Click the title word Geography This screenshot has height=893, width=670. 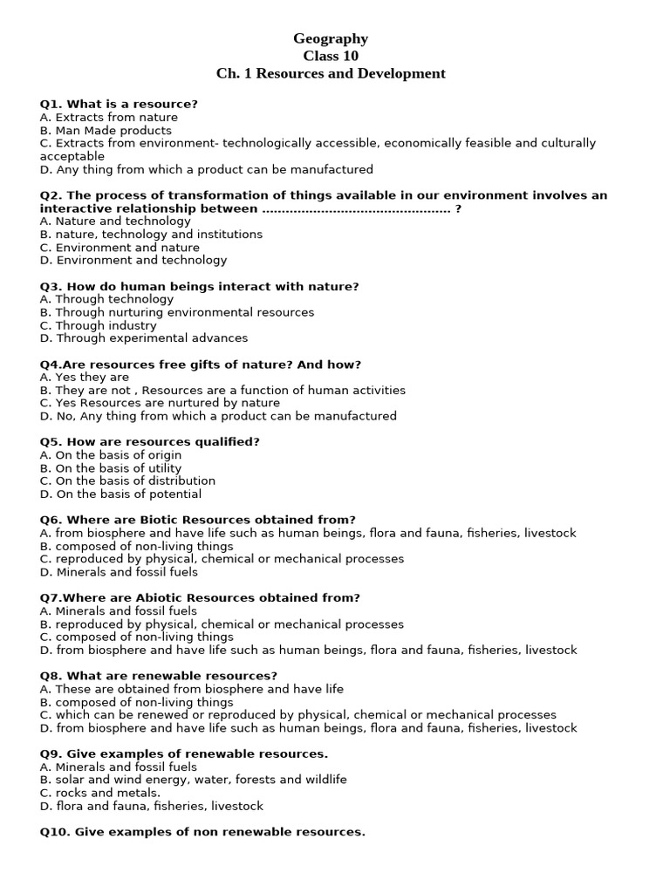click(x=331, y=38)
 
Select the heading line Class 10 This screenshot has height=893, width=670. click(x=331, y=56)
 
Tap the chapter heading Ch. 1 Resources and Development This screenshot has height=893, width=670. click(x=331, y=73)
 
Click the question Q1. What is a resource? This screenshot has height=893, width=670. click(x=119, y=104)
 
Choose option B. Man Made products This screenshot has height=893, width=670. click(x=106, y=130)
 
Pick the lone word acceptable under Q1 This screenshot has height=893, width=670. click(x=72, y=156)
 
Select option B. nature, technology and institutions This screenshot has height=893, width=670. click(x=151, y=234)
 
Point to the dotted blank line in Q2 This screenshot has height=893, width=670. click(x=355, y=208)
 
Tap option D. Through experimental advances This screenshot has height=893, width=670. click(x=144, y=337)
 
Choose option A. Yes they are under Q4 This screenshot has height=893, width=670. click(x=85, y=377)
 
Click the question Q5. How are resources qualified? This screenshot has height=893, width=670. click(x=150, y=442)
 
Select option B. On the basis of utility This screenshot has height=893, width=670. click(x=111, y=468)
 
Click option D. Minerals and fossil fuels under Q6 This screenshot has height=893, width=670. click(x=119, y=572)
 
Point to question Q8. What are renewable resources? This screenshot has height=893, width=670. click(x=159, y=676)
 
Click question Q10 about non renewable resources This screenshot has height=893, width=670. click(x=202, y=832)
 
